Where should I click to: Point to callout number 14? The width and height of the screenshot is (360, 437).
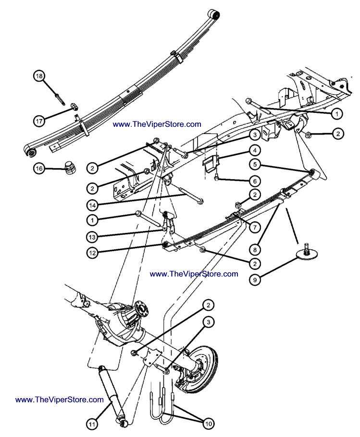[x=94, y=205]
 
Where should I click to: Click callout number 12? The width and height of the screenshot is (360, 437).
[x=94, y=251]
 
